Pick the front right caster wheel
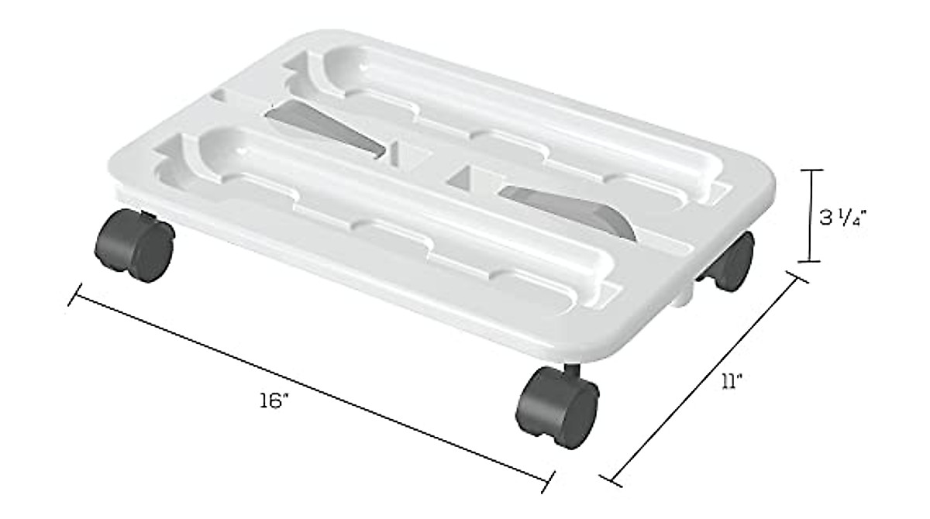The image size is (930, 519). pos(558,407)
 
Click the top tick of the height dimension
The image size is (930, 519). pos(811,170)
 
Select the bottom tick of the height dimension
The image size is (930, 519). pos(811,262)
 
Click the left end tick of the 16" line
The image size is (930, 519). pos(75,294)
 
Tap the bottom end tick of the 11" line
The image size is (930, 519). pos(611,479)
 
